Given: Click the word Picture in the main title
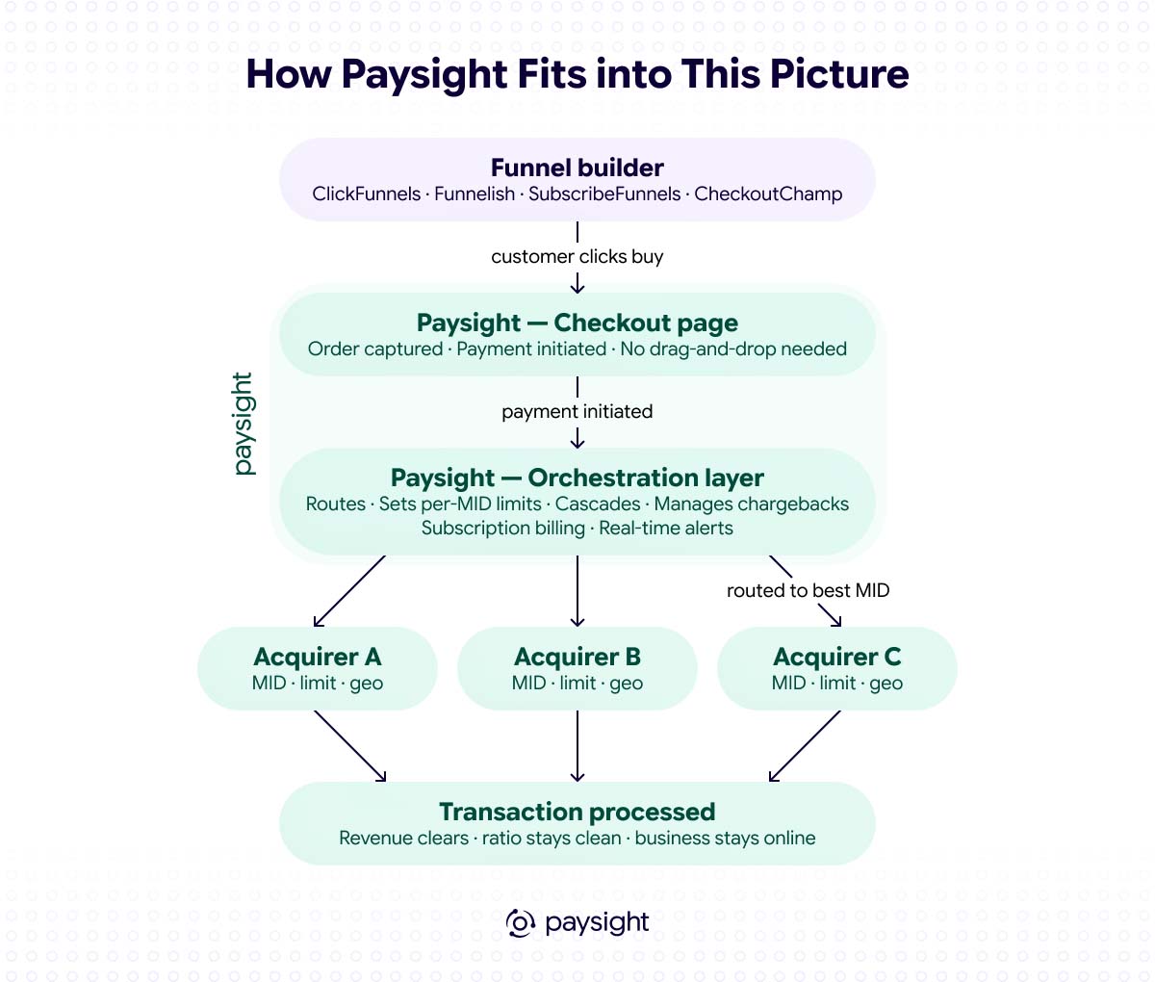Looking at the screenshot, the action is pyautogui.click(x=839, y=74).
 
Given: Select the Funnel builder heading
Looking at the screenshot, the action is pyautogui.click(x=577, y=168).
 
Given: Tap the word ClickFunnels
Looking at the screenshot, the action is pyautogui.click(x=366, y=194).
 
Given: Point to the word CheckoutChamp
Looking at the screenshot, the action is pyautogui.click(x=768, y=194).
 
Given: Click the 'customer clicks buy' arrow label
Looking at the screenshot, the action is pyautogui.click(x=577, y=256).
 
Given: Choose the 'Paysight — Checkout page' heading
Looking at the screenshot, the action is pyautogui.click(x=577, y=323).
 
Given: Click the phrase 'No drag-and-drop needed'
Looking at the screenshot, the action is pyautogui.click(x=733, y=349).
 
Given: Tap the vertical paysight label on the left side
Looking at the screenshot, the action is pyautogui.click(x=244, y=424).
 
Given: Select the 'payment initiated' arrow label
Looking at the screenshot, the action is pyautogui.click(x=577, y=412).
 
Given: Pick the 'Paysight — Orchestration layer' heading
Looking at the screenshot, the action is pyautogui.click(x=577, y=478).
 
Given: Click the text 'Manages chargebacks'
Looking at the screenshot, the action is pyautogui.click(x=752, y=504).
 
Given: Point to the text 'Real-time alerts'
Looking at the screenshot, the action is pyautogui.click(x=666, y=529).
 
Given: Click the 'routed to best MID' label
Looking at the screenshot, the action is pyautogui.click(x=808, y=590).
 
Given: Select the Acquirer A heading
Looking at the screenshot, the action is pyautogui.click(x=318, y=657).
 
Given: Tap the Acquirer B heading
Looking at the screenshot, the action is pyautogui.click(x=577, y=657).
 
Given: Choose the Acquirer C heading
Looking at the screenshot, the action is pyautogui.click(x=837, y=657).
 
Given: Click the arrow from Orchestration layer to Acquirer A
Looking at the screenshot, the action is pyautogui.click(x=349, y=591).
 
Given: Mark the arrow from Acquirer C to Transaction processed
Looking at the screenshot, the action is pyautogui.click(x=805, y=746).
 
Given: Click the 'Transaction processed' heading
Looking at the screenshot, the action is pyautogui.click(x=577, y=813).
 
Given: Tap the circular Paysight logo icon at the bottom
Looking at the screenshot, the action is pyautogui.click(x=520, y=923).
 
